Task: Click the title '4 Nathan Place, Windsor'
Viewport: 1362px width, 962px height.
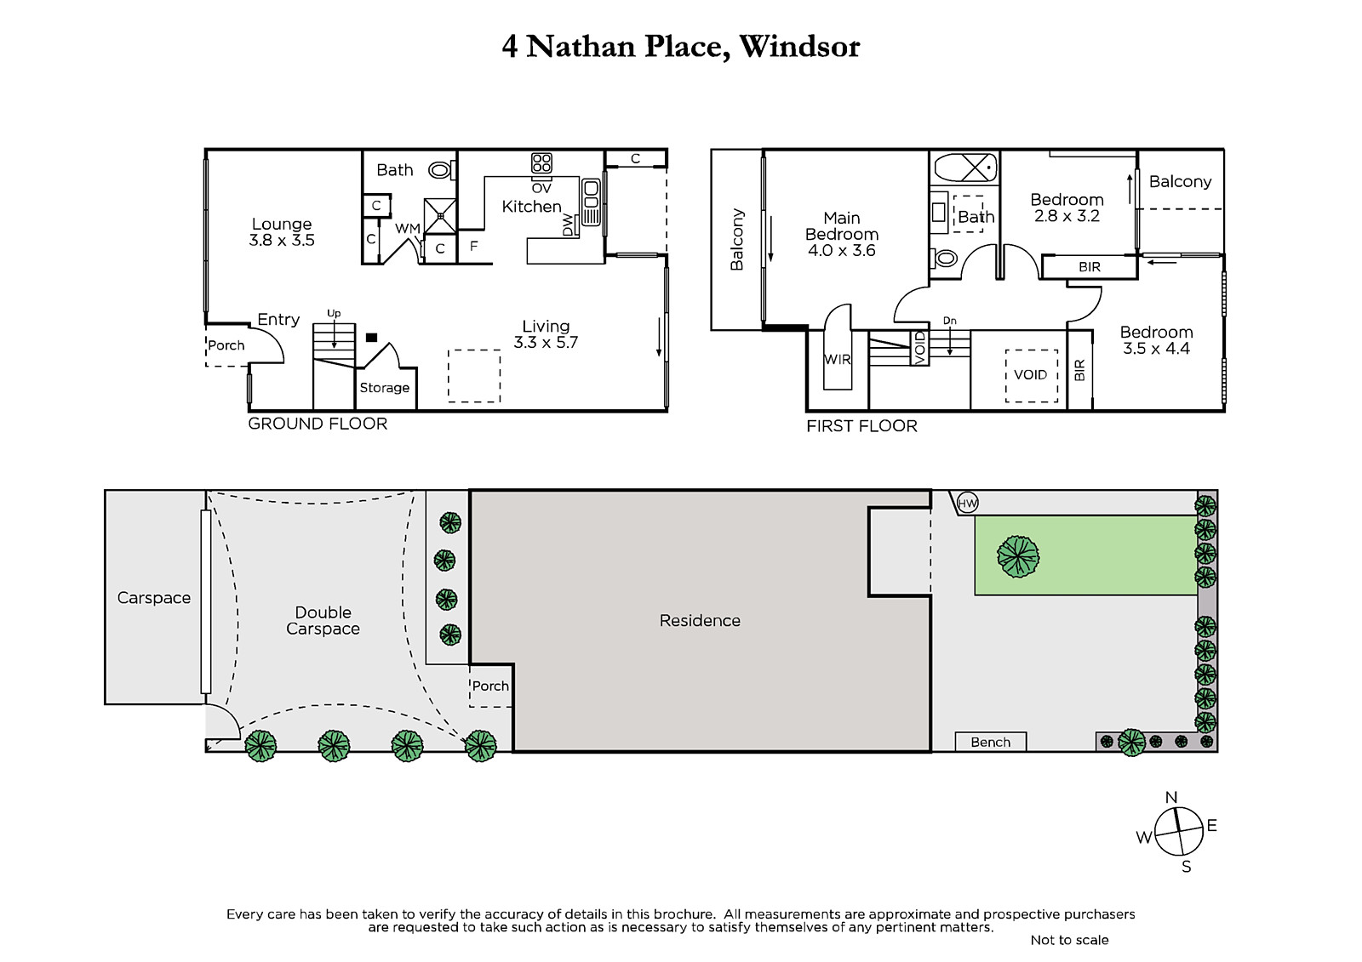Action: [680, 46]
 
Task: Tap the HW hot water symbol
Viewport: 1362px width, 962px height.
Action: [967, 503]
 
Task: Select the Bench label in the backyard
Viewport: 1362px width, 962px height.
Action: [990, 742]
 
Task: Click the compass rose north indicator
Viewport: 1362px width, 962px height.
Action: [1171, 798]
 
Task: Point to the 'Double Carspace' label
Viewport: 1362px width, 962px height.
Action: [323, 620]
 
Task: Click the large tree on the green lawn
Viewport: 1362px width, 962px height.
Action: [1018, 556]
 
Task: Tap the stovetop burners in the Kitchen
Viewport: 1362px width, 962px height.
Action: [541, 162]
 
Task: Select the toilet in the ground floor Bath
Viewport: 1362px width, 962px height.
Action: [439, 170]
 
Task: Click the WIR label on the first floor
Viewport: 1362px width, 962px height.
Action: [837, 359]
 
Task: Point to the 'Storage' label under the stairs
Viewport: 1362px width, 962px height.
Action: [384, 388]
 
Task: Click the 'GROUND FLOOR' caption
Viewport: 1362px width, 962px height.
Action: [318, 424]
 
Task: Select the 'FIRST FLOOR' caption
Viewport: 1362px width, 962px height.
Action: [861, 426]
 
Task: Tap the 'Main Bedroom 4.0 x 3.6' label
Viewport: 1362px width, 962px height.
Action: [841, 234]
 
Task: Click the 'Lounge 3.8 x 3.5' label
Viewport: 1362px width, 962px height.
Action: [282, 232]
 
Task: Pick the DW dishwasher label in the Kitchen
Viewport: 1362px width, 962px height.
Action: [568, 225]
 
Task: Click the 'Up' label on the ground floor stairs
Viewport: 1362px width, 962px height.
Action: [334, 313]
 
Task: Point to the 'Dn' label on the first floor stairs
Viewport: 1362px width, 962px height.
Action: [949, 321]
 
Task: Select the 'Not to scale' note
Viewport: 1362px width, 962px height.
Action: [1069, 940]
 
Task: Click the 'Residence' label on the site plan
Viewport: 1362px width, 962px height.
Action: [700, 621]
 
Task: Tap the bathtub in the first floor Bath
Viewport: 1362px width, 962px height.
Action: [964, 168]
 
